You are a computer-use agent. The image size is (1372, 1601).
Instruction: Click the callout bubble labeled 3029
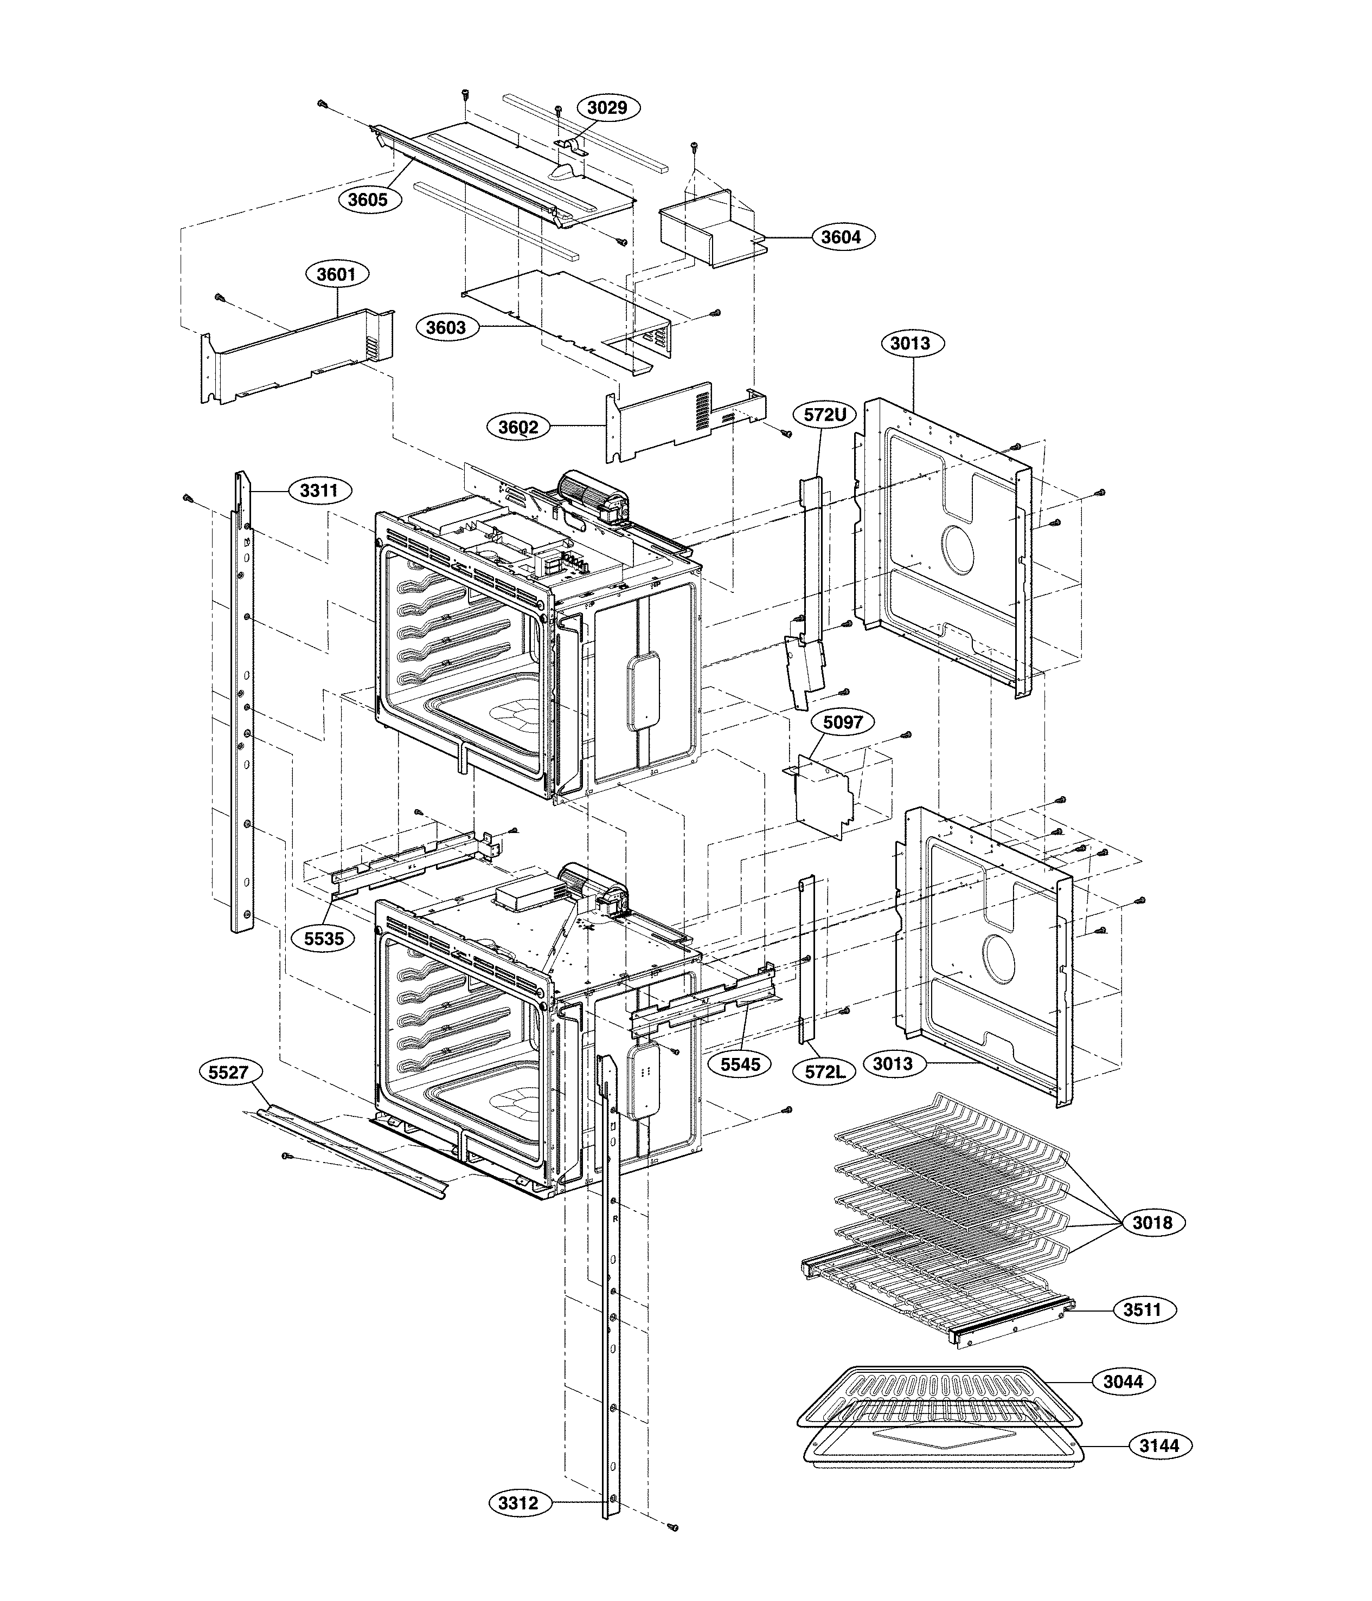607,107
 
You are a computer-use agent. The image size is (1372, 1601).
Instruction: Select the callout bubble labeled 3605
367,199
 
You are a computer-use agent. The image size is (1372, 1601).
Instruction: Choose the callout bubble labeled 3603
446,327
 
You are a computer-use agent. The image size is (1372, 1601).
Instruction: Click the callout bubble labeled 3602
518,427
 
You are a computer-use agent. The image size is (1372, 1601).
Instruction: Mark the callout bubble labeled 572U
825,415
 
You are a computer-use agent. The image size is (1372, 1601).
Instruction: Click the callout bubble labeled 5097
843,722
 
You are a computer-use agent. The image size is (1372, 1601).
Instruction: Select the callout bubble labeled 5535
323,939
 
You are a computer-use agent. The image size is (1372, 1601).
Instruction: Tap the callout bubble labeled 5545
740,1064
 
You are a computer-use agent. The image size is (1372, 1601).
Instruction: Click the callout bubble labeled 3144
1159,1445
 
